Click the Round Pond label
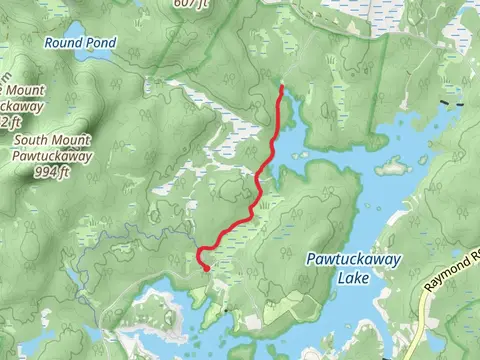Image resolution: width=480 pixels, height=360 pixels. click(79, 43)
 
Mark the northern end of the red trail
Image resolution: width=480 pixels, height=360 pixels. click(282, 88)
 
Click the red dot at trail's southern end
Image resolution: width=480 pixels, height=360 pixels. click(206, 268)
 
